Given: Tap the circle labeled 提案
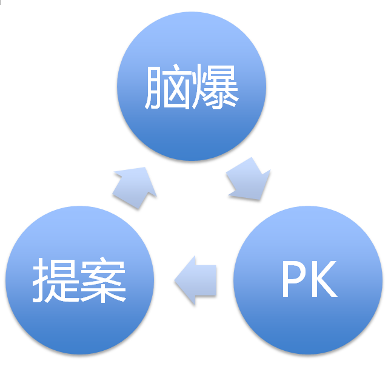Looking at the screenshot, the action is (79, 281).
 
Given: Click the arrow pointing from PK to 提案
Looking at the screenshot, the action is (195, 280).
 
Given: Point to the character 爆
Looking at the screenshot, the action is (215, 87).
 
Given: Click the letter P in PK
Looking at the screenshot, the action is (293, 281).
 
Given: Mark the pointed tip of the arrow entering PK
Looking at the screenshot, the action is (261, 198).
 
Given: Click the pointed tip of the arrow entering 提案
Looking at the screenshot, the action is (176, 280).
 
